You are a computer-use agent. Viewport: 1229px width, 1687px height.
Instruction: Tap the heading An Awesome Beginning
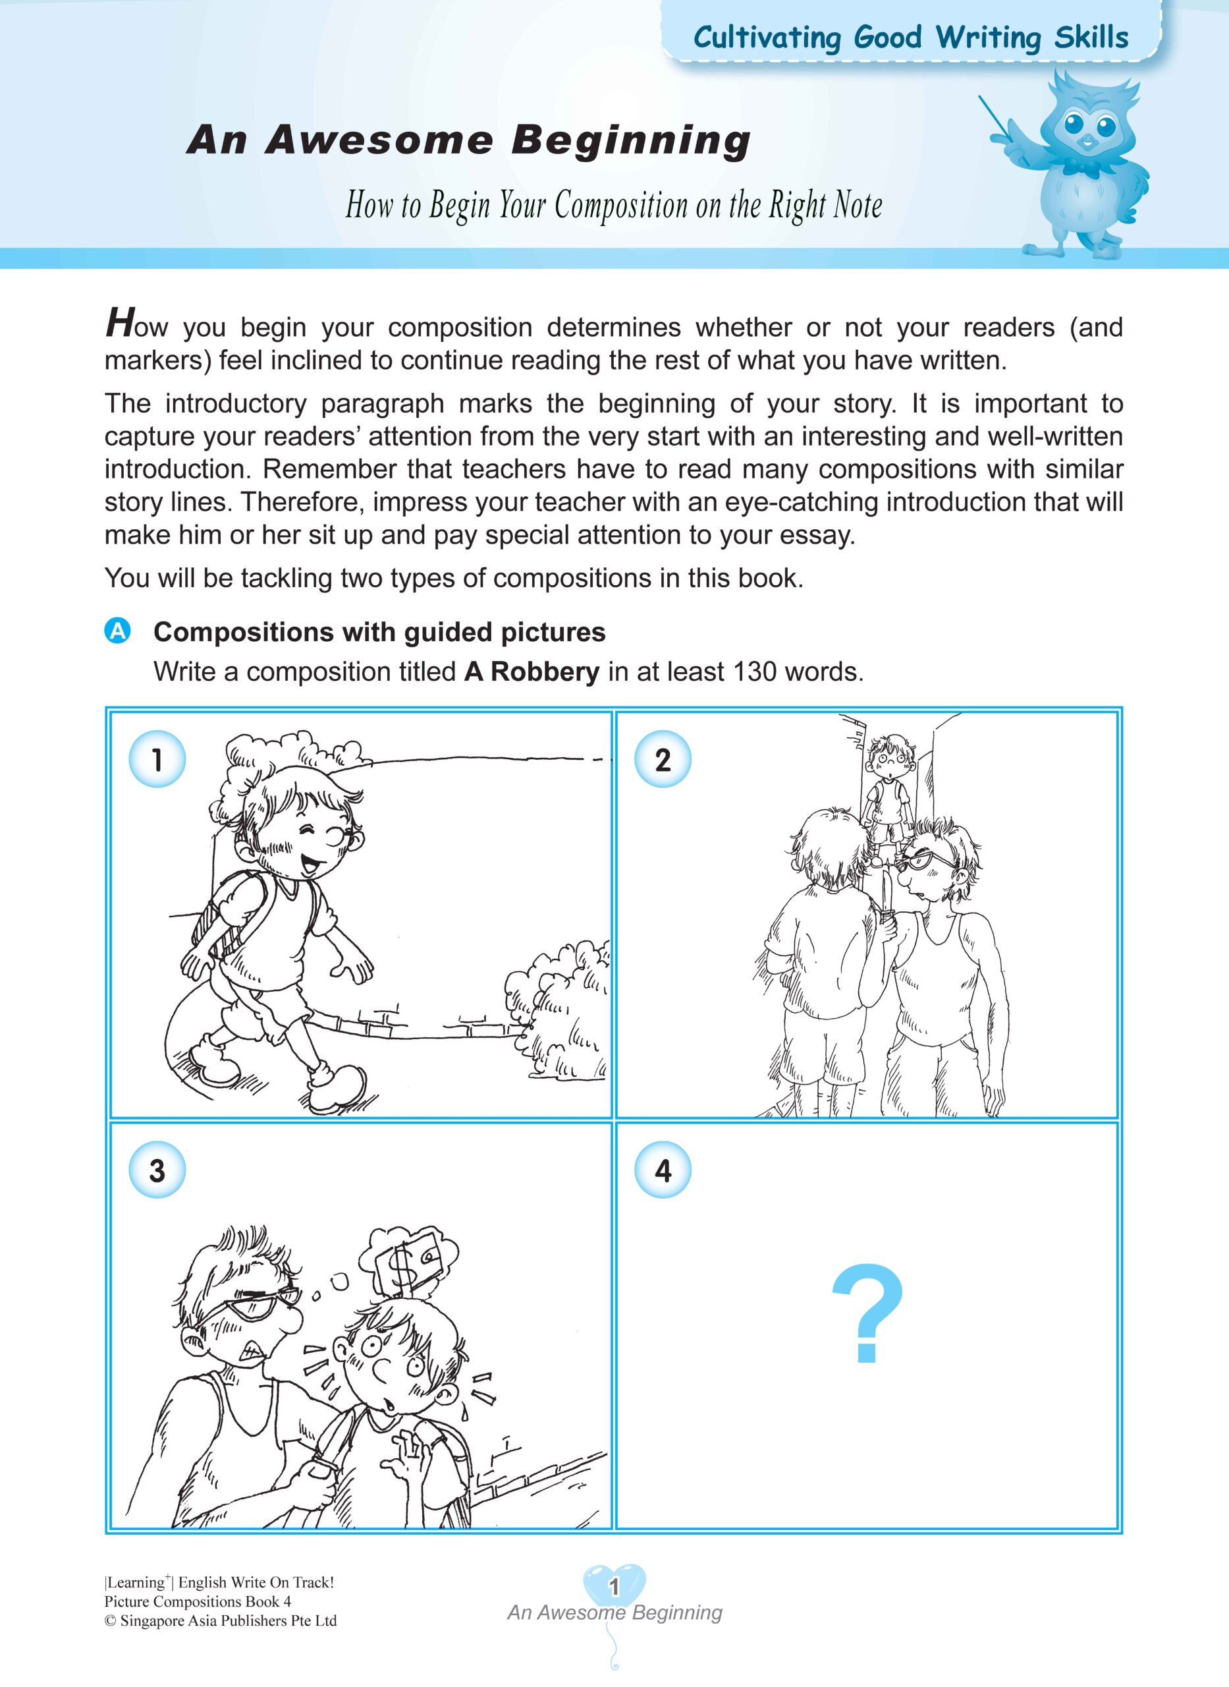[x=469, y=140]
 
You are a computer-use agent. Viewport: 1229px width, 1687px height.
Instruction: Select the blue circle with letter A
[x=117, y=631]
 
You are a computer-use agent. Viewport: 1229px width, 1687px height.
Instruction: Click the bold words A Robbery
[x=531, y=672]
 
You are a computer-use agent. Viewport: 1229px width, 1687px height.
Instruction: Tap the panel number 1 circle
[x=157, y=759]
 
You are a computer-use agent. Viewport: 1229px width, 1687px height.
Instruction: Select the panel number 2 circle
[x=662, y=759]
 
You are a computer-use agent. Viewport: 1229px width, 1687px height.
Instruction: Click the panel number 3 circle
[x=157, y=1170]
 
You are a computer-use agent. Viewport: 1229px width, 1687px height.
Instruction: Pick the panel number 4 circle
[x=662, y=1170]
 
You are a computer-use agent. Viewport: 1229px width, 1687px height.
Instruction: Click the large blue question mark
[x=867, y=1315]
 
